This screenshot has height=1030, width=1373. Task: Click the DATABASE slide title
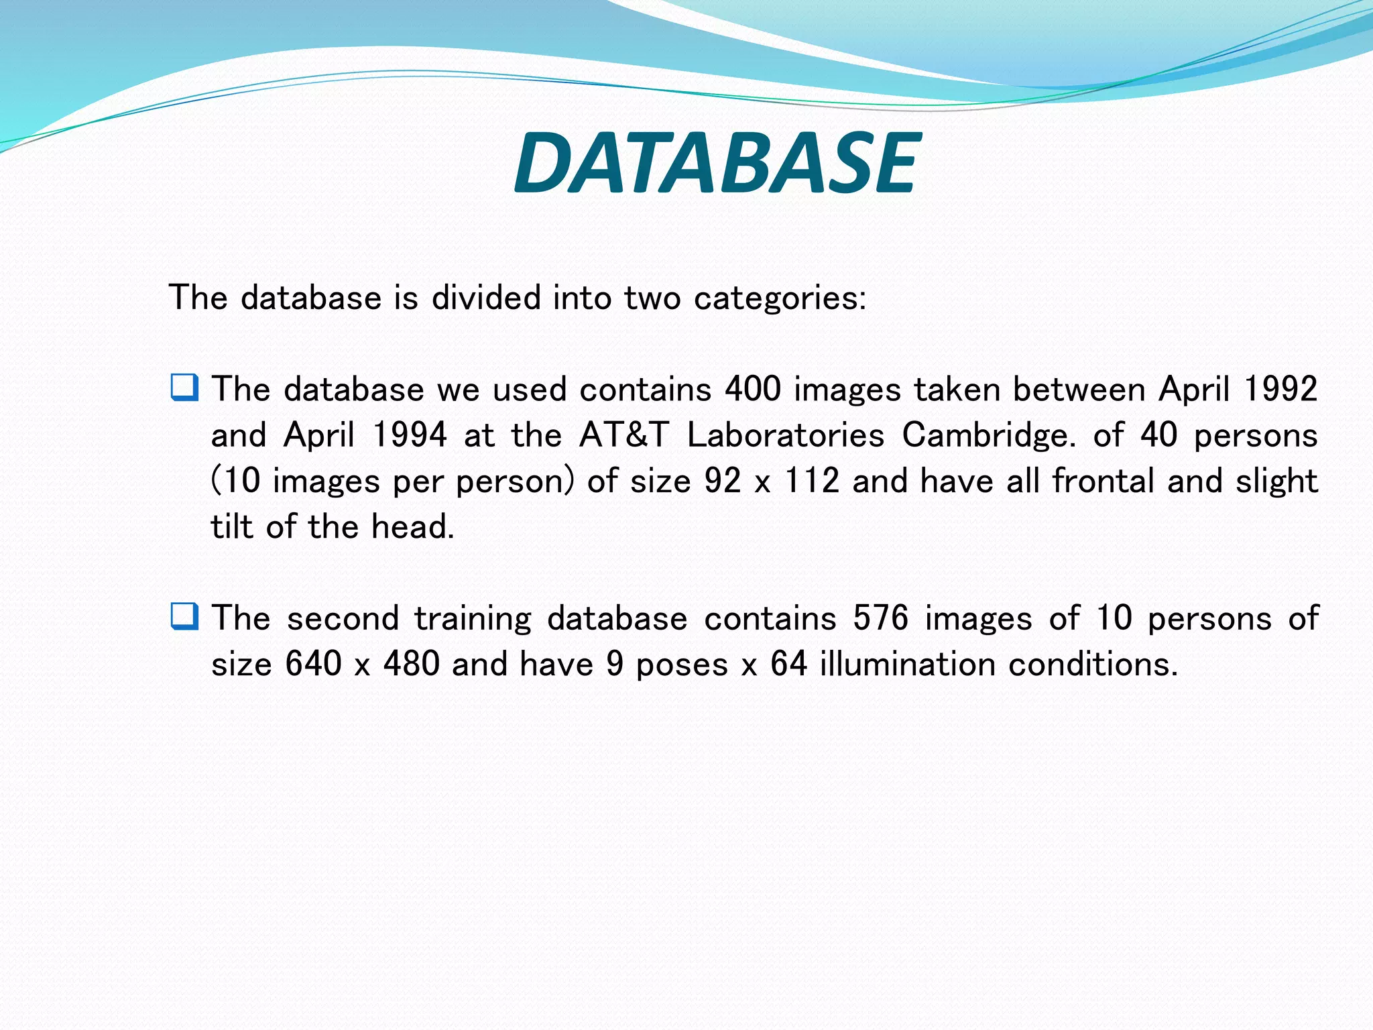pos(717,163)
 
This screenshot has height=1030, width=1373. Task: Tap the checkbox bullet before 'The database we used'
pos(184,388)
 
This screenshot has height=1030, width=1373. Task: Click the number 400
pos(753,389)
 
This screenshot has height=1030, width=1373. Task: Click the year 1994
pos(409,435)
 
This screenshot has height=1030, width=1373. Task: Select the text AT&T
pos(624,435)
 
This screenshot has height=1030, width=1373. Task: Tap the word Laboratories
pos(786,435)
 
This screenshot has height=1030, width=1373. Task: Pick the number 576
pos(880,618)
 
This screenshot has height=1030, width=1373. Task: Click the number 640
pos(314,664)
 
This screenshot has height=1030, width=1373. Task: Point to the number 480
pos(412,664)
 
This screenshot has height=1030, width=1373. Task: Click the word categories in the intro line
pos(780,298)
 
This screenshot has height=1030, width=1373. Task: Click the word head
pos(412,526)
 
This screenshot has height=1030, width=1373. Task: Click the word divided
pos(486,297)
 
